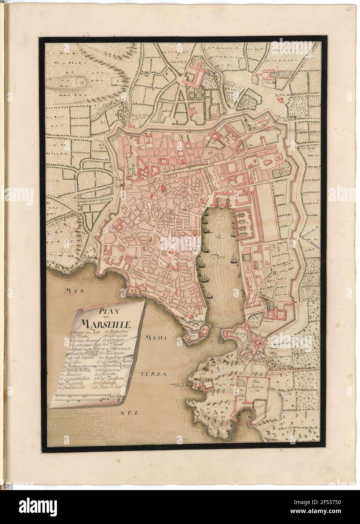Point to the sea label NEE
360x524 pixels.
tap(128, 413)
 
